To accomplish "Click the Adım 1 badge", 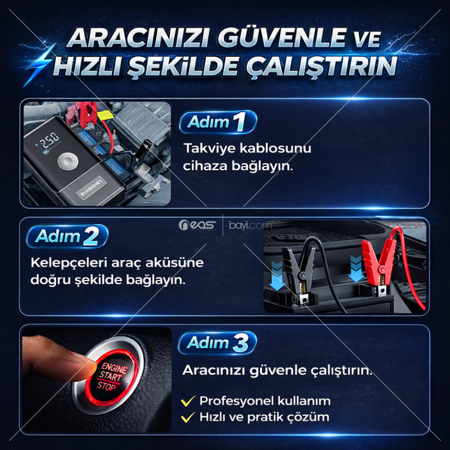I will pyautogui.click(x=218, y=122).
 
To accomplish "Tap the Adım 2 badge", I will pyautogui.click(x=67, y=236).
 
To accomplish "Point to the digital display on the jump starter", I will pyautogui.click(x=49, y=139).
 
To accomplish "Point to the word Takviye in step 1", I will pyautogui.click(x=207, y=148).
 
